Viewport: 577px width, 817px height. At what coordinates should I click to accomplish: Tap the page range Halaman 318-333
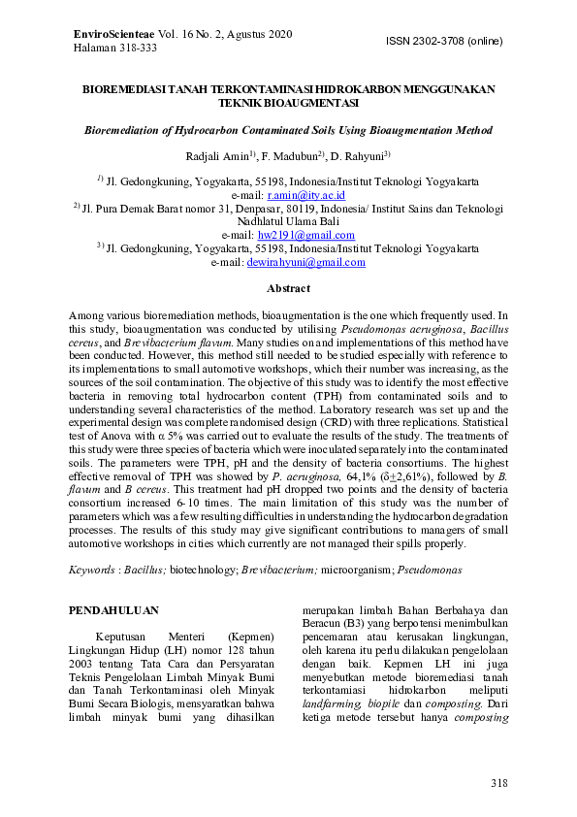(114, 48)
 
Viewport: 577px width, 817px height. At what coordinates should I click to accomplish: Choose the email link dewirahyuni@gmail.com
(305, 261)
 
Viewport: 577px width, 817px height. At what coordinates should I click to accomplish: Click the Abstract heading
(288, 288)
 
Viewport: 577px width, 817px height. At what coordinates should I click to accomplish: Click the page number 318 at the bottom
(498, 783)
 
